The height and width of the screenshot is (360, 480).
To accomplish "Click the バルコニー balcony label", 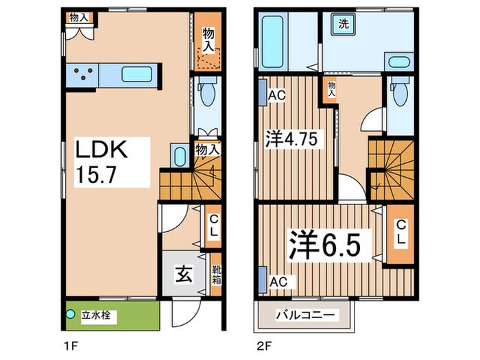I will pos(305,315).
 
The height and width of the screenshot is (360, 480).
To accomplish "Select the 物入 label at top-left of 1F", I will pos(79,17).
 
